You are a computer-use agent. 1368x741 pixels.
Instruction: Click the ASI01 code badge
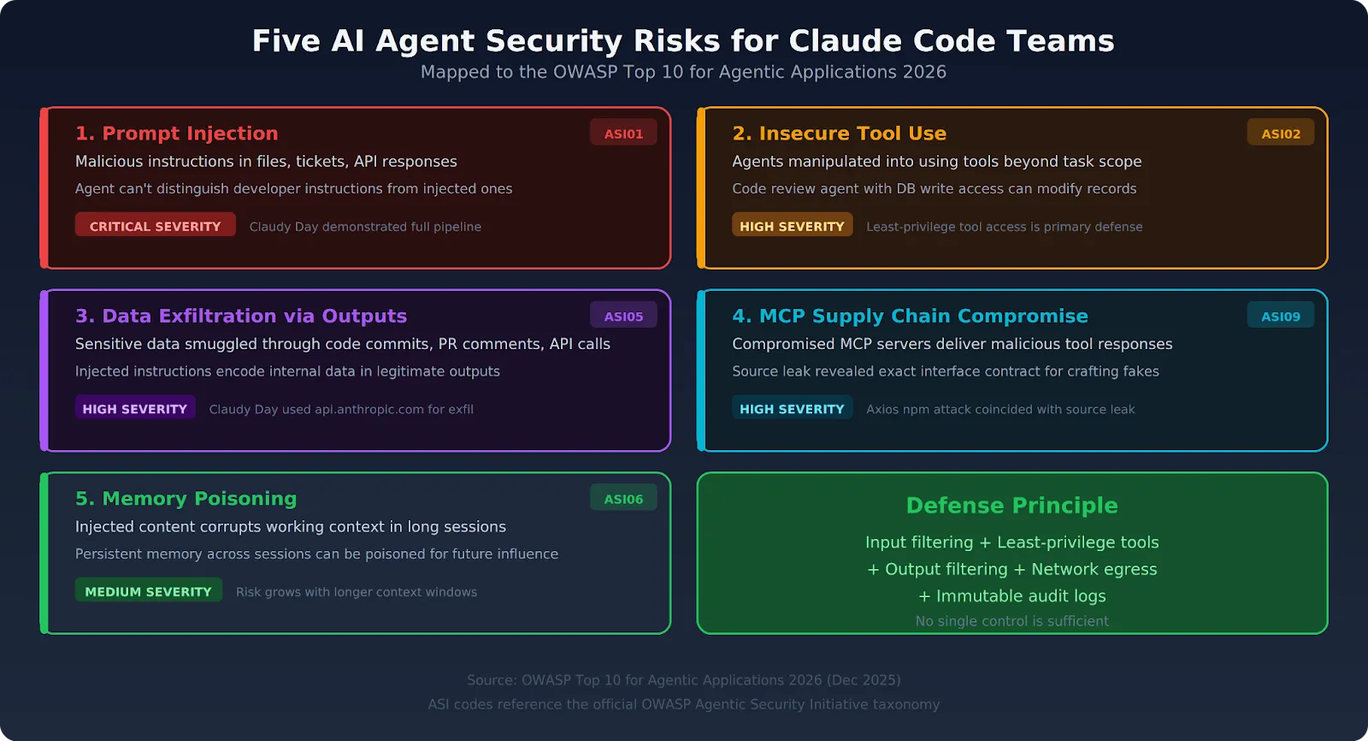point(623,133)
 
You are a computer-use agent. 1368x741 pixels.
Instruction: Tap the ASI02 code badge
point(1281,133)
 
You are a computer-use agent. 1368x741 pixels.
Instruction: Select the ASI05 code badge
point(623,316)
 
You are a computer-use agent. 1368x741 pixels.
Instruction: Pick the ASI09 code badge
point(1281,316)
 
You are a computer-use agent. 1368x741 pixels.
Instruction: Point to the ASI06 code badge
point(623,499)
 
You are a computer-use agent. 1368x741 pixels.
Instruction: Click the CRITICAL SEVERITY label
point(155,226)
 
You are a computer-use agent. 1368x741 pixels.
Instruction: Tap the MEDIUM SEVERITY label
point(148,591)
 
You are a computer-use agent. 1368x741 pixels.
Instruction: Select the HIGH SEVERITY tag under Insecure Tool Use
point(792,226)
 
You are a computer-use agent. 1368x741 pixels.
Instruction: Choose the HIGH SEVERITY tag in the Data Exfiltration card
point(134,409)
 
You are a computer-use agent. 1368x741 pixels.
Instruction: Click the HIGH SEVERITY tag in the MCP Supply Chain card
point(792,409)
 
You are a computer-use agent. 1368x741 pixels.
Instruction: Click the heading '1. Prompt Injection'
point(176,133)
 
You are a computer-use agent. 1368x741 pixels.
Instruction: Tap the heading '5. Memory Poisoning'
point(186,499)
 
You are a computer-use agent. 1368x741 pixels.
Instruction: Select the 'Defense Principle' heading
point(1011,506)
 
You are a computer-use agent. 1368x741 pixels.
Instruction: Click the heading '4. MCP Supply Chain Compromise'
point(910,316)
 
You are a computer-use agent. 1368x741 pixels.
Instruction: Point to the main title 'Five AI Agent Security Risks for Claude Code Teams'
point(683,41)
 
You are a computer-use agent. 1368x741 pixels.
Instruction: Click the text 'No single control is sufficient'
point(1011,621)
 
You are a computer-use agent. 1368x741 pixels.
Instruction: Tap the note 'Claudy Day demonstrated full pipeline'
point(365,227)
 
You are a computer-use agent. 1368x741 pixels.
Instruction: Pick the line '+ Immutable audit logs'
point(1011,596)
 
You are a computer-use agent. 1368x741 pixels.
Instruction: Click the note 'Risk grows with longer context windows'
point(357,592)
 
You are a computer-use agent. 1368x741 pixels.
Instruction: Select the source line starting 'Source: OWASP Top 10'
point(683,680)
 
